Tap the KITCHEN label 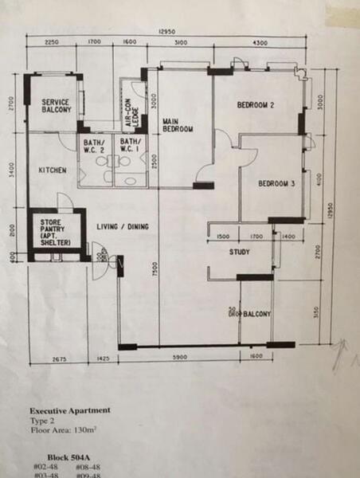click(53, 170)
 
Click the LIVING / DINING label click(123, 227)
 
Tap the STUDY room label click(239, 253)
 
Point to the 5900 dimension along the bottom click(179, 358)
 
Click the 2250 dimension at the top click(53, 41)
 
